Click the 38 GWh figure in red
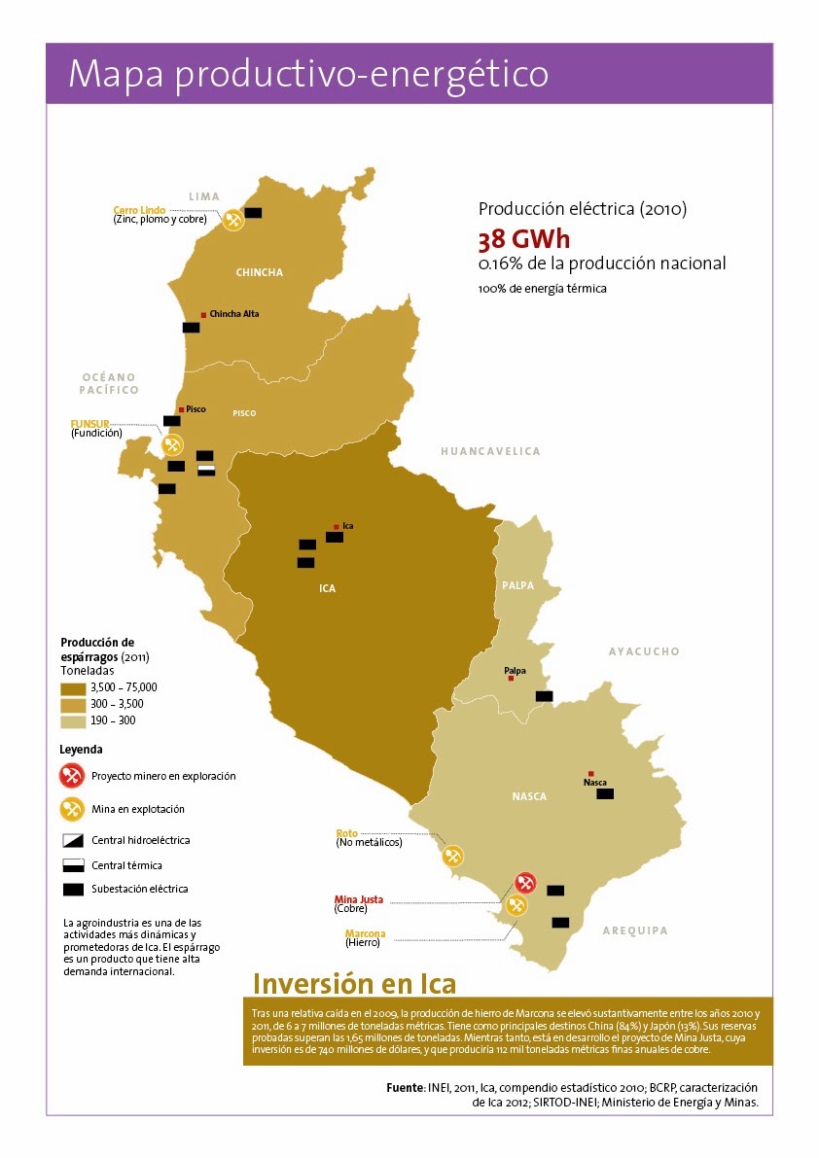pos(523,240)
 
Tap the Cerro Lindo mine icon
pos(232,220)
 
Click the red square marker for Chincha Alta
pos(203,314)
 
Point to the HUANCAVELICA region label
pos(489,451)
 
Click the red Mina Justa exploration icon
pos(525,883)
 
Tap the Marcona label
pos(365,933)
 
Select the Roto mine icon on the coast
pos(452,857)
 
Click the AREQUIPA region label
pos(635,930)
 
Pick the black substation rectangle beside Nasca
pos(605,794)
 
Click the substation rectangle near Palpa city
pos(544,696)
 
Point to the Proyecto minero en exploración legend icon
pos(71,776)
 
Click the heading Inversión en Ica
pos(354,983)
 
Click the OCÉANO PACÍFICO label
pos(110,383)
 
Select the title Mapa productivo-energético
pos(308,74)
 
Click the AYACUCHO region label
pos(644,651)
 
